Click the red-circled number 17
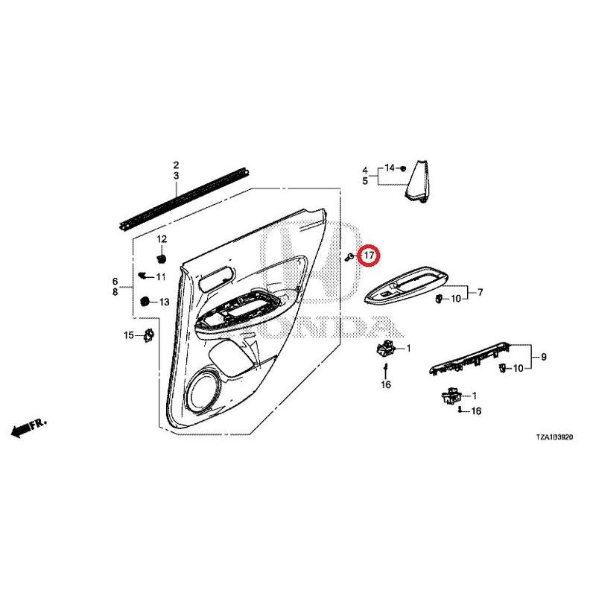369,255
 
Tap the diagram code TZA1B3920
554,437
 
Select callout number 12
162,239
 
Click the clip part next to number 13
145,302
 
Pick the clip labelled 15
148,335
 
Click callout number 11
161,276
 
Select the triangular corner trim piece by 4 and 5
417,182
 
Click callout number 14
390,168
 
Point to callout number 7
480,292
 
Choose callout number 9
544,357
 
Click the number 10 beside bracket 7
455,299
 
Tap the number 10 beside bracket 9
518,368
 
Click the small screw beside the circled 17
349,257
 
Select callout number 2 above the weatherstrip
176,165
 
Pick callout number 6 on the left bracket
115,282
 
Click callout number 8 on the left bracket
115,292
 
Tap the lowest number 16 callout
476,411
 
